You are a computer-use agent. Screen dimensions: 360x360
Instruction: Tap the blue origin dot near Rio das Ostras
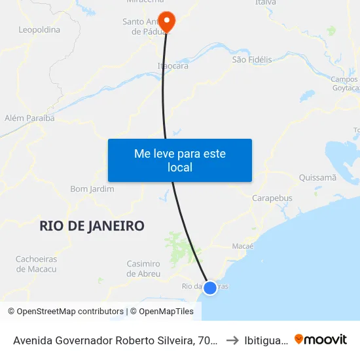210,287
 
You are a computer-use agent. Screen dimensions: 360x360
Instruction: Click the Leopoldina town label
39,29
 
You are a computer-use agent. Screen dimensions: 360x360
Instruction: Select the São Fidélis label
252,60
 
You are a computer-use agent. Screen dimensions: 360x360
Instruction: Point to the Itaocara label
173,66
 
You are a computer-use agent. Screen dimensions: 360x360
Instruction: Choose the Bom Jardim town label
92,189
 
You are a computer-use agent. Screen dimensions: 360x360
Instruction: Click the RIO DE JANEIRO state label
92,226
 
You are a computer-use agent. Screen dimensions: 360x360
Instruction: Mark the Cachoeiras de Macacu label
36,264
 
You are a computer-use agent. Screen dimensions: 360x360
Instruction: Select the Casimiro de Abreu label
143,268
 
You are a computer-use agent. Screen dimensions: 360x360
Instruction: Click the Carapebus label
272,198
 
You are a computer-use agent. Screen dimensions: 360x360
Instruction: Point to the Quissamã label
317,177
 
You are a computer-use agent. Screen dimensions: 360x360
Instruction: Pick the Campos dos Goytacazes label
345,84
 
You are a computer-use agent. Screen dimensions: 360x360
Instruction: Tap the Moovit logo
321,339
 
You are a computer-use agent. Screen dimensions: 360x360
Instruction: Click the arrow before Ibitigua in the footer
232,340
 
